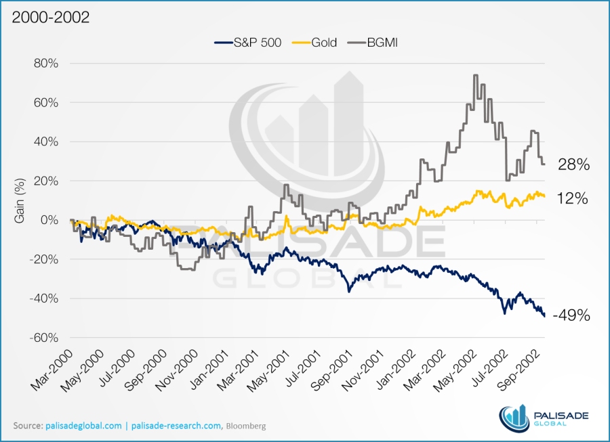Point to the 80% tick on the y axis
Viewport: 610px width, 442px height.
pyautogui.click(x=45, y=64)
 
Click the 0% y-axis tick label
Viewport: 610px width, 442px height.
pyautogui.click(x=48, y=220)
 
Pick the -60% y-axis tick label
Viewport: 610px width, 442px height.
pyautogui.click(x=43, y=338)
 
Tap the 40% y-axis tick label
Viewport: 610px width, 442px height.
pyautogui.click(x=45, y=142)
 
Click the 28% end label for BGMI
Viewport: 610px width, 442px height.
pyautogui.click(x=573, y=164)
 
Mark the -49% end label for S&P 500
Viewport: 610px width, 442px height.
pyautogui.click(x=571, y=315)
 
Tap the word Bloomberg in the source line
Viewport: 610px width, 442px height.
pyautogui.click(x=246, y=426)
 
